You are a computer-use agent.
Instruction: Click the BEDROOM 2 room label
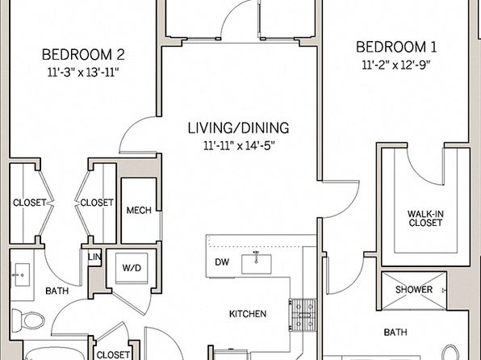(83, 55)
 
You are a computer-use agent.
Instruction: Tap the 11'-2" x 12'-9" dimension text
(396, 65)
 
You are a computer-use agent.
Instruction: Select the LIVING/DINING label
(238, 128)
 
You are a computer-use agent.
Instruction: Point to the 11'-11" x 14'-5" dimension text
(238, 145)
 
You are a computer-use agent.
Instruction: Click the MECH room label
(139, 210)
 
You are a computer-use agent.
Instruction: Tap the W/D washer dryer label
(132, 268)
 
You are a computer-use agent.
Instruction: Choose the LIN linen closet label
(94, 257)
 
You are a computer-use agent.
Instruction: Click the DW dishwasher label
(222, 262)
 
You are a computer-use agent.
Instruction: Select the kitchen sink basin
(257, 264)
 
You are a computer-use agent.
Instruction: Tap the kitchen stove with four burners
(303, 315)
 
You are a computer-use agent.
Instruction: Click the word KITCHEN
(248, 314)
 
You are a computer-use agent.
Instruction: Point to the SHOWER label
(414, 290)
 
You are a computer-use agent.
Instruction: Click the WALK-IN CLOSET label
(425, 218)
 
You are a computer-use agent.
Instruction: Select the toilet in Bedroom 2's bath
(28, 320)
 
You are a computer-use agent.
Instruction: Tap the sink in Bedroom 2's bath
(22, 275)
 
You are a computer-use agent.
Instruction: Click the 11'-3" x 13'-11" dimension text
(83, 73)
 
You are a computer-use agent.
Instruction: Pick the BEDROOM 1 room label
(396, 47)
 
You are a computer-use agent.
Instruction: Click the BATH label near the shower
(395, 332)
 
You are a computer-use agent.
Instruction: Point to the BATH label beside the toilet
(57, 291)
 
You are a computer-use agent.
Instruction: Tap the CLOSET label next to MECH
(97, 203)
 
